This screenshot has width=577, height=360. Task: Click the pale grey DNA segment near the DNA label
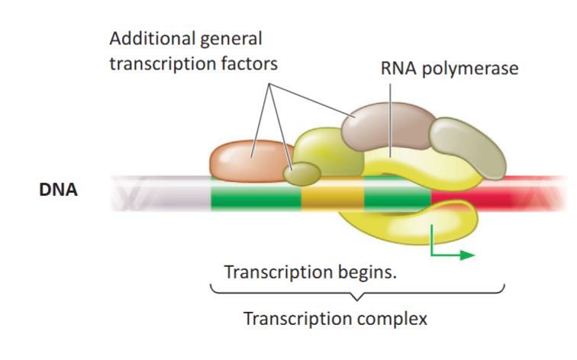coord(168,194)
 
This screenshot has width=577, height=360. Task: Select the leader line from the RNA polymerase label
coord(390,114)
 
